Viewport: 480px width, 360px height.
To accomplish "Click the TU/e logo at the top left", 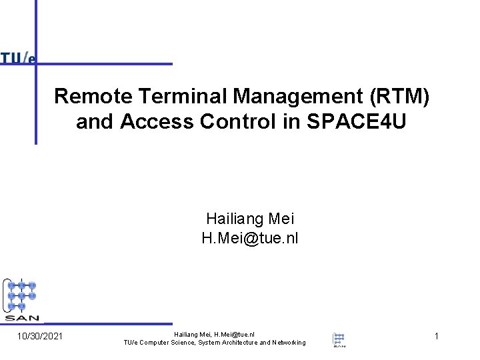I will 18,58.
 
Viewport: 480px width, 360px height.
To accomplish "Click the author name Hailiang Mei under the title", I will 250,219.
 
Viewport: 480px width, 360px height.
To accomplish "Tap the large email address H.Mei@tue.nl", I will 250,238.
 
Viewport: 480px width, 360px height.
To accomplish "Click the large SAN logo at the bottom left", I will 22,299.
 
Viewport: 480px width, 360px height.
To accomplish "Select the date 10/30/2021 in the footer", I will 40,336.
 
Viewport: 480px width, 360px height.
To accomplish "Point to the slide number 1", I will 436,336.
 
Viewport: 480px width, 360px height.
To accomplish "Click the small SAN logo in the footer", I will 339,339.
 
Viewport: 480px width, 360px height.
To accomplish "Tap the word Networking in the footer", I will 283,343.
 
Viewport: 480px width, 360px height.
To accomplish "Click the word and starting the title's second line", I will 90,123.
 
